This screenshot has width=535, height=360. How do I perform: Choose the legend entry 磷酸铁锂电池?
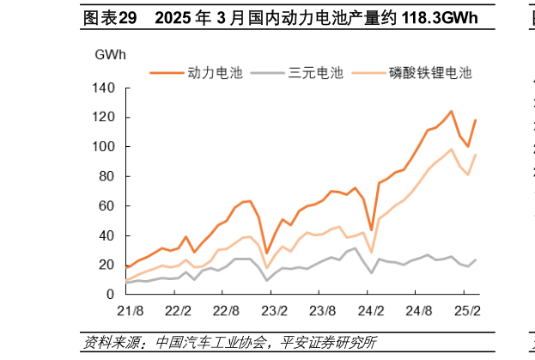430,73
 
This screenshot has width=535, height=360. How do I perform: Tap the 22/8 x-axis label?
225,309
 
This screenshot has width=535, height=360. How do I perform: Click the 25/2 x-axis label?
466,309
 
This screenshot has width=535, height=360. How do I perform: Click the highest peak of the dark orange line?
452,111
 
